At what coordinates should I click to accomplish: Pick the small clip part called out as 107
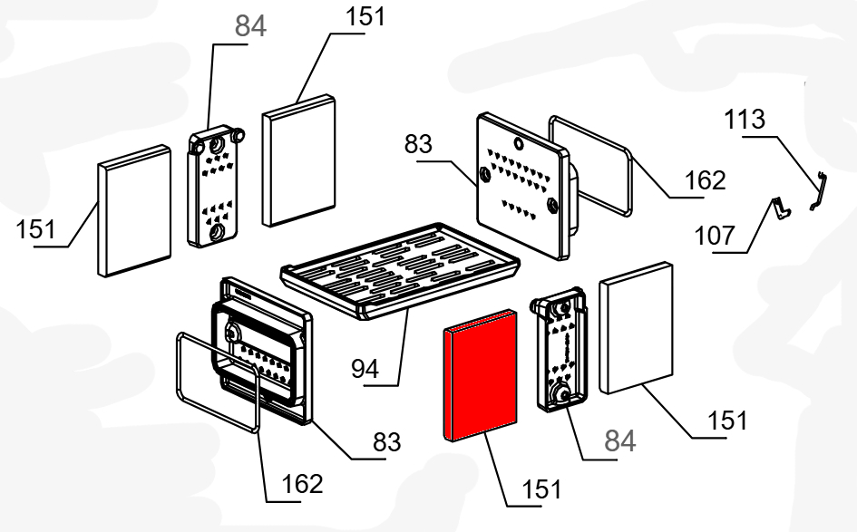(x=779, y=208)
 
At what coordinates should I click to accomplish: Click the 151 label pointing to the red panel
(x=541, y=488)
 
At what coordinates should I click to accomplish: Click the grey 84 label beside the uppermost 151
(x=250, y=27)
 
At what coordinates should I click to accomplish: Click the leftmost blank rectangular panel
(x=133, y=211)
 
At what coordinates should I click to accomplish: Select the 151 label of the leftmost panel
(x=35, y=229)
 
